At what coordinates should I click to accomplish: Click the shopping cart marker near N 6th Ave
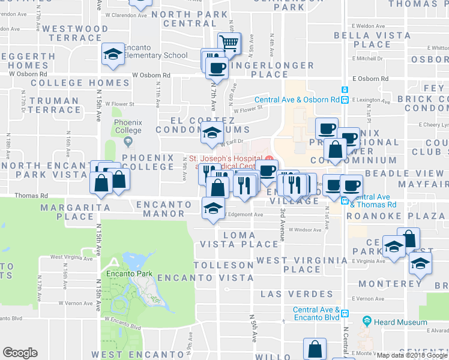tap(229, 44)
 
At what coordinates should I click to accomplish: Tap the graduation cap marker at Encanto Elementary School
tap(112, 55)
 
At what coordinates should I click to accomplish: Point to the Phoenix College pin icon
tap(127, 142)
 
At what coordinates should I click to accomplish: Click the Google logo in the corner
tap(20, 353)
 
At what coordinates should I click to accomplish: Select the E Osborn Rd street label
tap(370, 79)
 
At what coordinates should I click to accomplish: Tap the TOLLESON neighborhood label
tap(223, 265)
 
